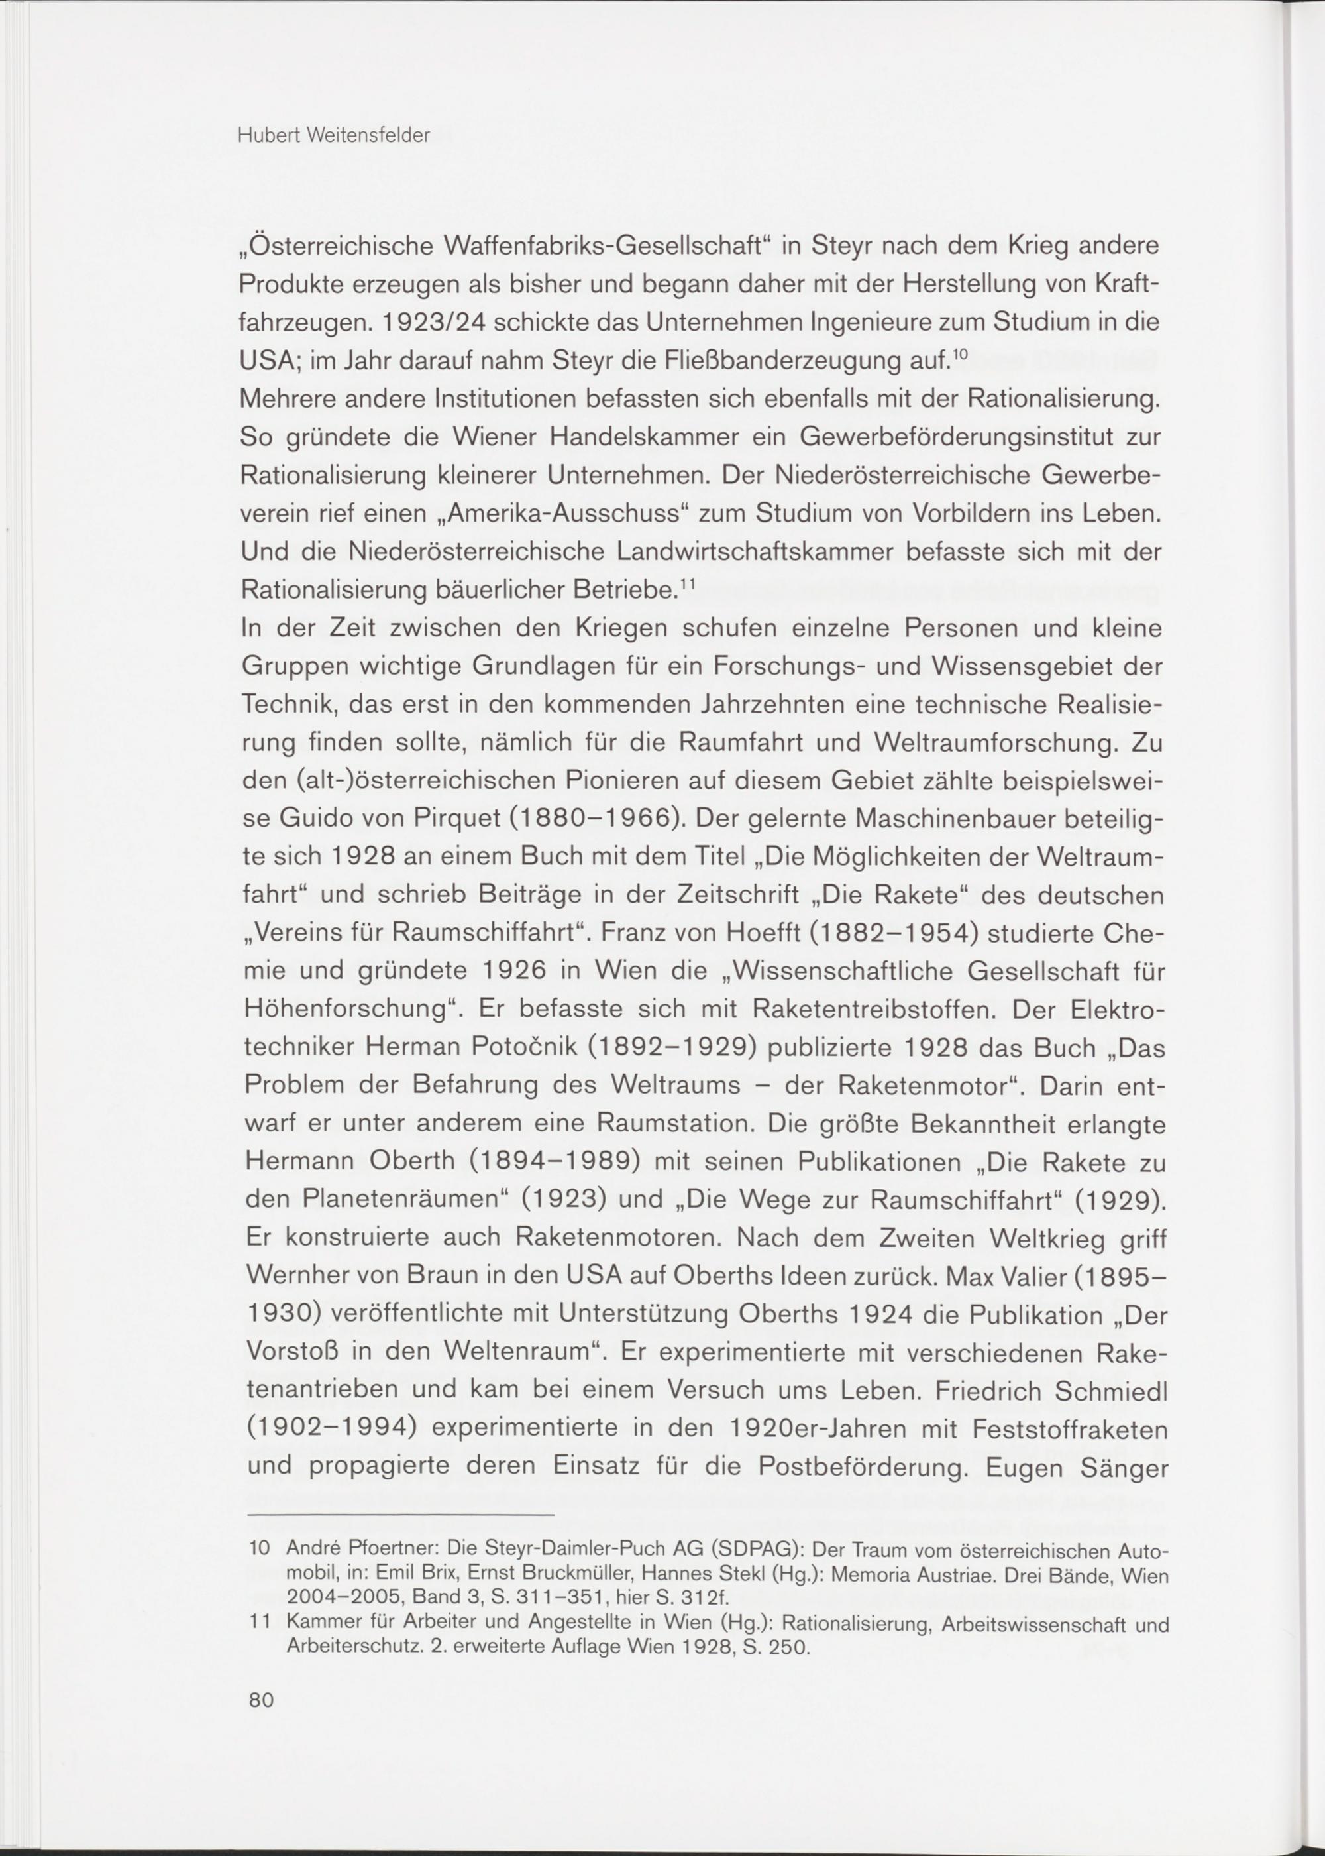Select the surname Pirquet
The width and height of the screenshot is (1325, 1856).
tap(444, 818)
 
